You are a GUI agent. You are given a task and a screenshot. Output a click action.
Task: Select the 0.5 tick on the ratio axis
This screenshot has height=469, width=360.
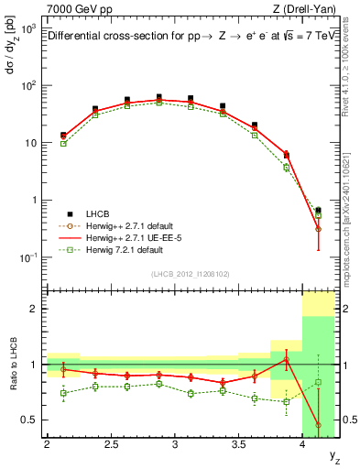pos(30,420)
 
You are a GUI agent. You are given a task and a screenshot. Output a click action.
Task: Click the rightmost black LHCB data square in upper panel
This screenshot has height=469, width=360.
pos(318,211)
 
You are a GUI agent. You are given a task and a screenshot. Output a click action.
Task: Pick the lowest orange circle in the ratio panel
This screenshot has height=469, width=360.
pos(318,424)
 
